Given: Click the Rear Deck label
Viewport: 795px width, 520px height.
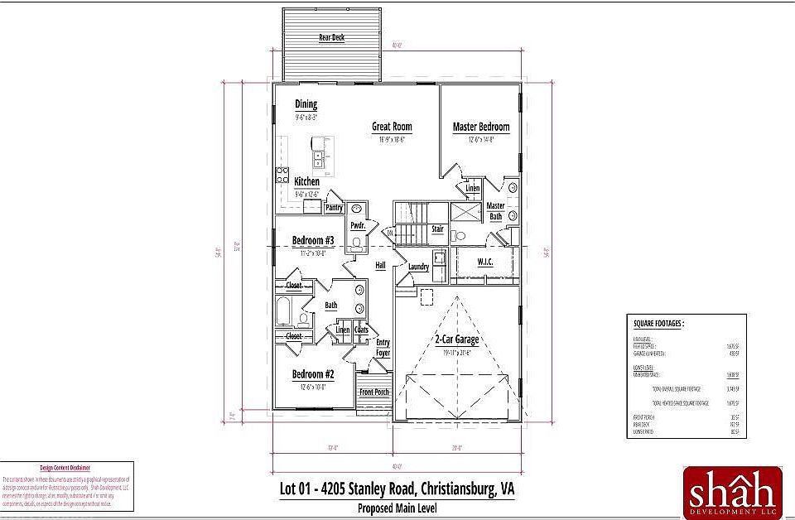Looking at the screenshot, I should coord(332,38).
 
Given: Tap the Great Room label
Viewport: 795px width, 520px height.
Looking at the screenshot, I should coord(392,127).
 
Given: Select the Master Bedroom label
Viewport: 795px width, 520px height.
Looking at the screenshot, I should coord(481,127).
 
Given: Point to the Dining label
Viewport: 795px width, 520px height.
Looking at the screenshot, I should coord(306,104).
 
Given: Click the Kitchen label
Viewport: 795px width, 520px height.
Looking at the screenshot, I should coord(307,181).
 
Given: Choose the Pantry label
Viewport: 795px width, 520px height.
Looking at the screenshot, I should coord(335,207).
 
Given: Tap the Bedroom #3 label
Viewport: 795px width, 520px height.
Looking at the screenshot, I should coord(313,241).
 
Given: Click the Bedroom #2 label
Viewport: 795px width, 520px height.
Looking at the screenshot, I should coord(313,374).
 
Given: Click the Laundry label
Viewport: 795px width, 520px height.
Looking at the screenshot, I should coord(418,267).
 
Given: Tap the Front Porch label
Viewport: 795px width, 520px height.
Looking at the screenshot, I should coord(374,392).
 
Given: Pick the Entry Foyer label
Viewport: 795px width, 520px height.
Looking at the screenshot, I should coord(383,348).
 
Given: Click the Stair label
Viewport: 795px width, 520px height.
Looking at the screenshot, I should coord(437,229).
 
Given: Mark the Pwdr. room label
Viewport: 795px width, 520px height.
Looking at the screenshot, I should coord(358,225).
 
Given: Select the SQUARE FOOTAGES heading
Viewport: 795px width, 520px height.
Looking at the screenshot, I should coord(659,324).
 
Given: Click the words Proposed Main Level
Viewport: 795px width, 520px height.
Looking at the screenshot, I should coord(397,508).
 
